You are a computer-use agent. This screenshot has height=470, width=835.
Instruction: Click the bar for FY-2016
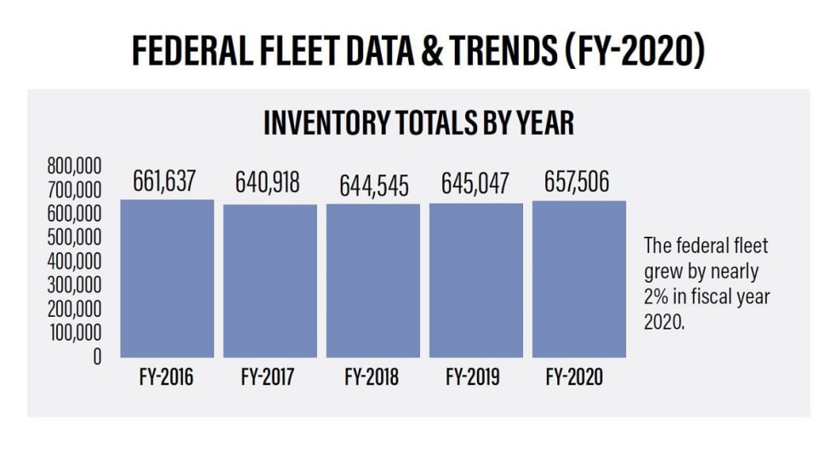pos(167,278)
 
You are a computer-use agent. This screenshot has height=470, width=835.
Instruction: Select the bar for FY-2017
pos(270,281)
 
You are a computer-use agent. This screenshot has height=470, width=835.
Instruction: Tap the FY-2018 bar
pos(373,280)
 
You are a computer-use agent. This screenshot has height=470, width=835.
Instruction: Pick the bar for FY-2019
pos(476,280)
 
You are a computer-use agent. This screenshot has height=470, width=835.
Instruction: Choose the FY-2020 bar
pos(579,279)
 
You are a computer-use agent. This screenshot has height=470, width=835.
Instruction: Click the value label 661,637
pos(164,181)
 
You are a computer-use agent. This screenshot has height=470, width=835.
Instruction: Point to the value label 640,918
pos(268,183)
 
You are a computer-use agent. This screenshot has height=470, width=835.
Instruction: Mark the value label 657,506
pos(577,182)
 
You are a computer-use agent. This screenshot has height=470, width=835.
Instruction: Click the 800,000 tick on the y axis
pos(73,164)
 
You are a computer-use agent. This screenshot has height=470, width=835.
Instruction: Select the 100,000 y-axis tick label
pos(73,332)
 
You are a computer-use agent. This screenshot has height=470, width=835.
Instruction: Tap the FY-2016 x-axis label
pos(166,377)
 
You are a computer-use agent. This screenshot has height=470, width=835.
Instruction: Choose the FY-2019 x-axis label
pos(474,377)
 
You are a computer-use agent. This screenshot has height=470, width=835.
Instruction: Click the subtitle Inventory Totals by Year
pos(418,123)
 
